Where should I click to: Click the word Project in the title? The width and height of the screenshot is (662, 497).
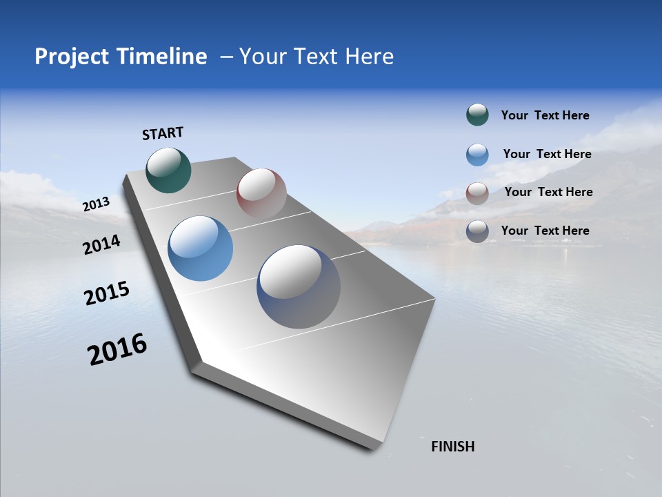(x=72, y=57)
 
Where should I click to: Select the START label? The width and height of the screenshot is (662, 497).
(x=163, y=133)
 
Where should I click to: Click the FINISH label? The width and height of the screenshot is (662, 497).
(x=453, y=447)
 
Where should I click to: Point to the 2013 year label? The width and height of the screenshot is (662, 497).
(x=96, y=204)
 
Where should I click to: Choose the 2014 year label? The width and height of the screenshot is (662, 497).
(x=102, y=244)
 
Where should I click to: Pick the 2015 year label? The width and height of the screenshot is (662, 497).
(x=107, y=293)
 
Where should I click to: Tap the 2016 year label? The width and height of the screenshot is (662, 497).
(x=117, y=349)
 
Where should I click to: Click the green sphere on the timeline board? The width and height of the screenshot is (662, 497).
(x=169, y=170)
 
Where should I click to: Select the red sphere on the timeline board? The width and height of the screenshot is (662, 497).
(x=261, y=193)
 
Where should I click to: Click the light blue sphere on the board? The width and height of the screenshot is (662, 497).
(x=201, y=248)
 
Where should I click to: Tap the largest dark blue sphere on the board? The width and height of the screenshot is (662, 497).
(x=299, y=286)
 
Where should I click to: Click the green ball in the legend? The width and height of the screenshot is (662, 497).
(x=477, y=115)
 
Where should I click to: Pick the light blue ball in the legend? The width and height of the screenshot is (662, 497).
(x=477, y=155)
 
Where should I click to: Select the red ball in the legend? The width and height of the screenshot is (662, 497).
(x=477, y=193)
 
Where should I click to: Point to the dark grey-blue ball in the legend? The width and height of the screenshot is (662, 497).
(x=477, y=231)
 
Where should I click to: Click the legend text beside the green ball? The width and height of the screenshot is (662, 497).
(x=545, y=116)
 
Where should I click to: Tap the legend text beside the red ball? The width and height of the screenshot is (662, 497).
(x=548, y=192)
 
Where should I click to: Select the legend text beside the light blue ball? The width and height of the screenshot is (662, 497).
(x=547, y=154)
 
